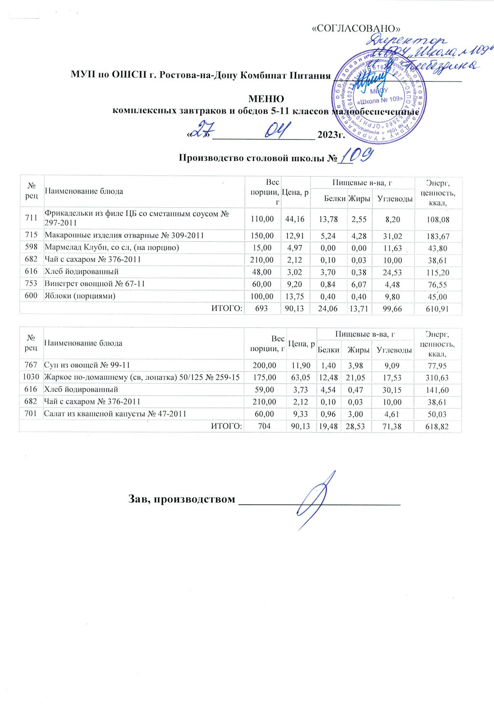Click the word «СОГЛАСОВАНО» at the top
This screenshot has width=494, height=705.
coord(357,28)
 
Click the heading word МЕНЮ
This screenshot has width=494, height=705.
coord(265,99)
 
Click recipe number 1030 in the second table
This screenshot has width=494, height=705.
coord(30,377)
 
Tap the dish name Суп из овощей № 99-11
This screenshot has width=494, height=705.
coord(87,365)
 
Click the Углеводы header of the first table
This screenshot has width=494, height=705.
coord(395,199)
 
